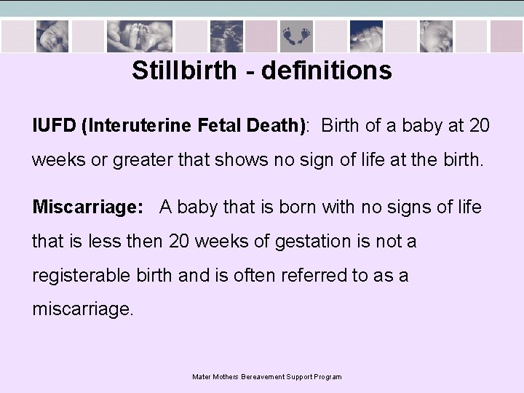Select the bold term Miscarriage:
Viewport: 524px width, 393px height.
tap(87, 207)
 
